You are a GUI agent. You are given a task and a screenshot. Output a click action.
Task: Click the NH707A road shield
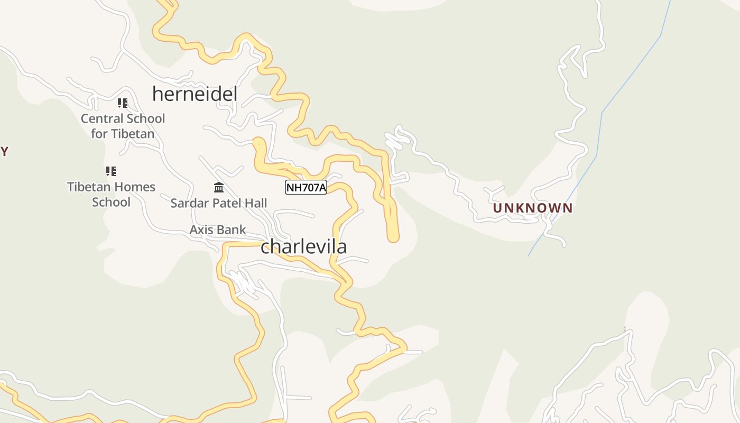(306, 187)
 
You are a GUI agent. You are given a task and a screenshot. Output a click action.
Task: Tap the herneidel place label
(195, 94)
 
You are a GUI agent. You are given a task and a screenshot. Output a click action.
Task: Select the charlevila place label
(303, 246)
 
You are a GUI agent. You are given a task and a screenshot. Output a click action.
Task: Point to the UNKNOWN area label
(532, 208)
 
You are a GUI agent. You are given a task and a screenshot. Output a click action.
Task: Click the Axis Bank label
(218, 229)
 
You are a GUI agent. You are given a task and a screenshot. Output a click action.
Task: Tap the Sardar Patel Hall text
(218, 203)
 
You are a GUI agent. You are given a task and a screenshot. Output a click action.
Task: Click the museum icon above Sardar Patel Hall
(218, 187)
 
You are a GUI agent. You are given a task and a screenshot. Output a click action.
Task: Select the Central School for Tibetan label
(123, 126)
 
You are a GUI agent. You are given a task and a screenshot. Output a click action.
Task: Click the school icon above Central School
(123, 103)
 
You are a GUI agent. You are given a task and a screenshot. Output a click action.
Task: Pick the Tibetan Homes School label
(111, 194)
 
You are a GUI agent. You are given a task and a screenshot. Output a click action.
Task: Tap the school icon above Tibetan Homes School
(110, 171)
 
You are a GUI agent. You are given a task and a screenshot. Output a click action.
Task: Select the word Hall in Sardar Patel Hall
(255, 203)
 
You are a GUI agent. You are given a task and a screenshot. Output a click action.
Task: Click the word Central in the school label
(102, 118)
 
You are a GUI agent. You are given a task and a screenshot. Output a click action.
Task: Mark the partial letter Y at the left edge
(4, 152)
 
